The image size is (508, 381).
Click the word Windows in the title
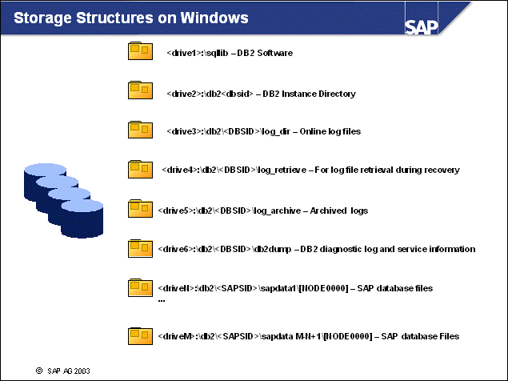[212, 18]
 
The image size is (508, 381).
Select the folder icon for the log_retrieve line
[140, 170]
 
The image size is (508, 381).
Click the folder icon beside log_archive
[140, 209]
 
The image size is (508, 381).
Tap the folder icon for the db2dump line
[140, 248]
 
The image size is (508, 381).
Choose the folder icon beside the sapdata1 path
[140, 287]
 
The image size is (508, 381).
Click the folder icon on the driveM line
[140, 336]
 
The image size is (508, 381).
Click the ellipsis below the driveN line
[162, 299]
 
